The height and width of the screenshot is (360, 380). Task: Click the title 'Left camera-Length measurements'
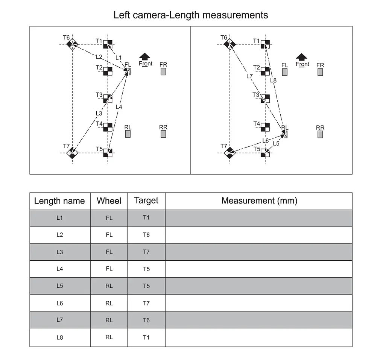[191, 15]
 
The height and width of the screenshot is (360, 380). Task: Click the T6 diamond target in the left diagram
[71, 44]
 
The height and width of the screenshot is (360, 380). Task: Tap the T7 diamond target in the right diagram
[229, 153]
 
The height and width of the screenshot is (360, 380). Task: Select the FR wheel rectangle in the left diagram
[163, 71]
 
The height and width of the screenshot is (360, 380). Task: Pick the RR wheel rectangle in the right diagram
[320, 134]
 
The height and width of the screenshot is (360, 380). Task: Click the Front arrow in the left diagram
[145, 57]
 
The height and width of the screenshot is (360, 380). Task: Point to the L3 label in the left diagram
[99, 113]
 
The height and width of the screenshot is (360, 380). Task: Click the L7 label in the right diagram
[249, 76]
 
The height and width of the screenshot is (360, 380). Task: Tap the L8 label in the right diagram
[274, 80]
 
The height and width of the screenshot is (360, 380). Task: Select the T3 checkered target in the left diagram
[108, 99]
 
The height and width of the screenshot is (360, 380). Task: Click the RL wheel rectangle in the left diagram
[128, 134]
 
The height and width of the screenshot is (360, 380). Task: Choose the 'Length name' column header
[59, 201]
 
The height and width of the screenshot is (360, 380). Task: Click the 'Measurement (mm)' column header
[259, 201]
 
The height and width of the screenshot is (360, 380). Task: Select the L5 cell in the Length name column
[59, 286]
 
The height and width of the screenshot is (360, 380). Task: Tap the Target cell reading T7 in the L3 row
[146, 252]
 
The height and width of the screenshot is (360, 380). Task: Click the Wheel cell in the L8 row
[109, 337]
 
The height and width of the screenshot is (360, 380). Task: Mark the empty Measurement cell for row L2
[259, 235]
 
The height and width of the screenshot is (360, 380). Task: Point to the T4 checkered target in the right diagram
[265, 127]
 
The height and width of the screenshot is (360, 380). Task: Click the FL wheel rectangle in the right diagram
[285, 72]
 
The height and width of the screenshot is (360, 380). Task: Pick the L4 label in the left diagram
[119, 107]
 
